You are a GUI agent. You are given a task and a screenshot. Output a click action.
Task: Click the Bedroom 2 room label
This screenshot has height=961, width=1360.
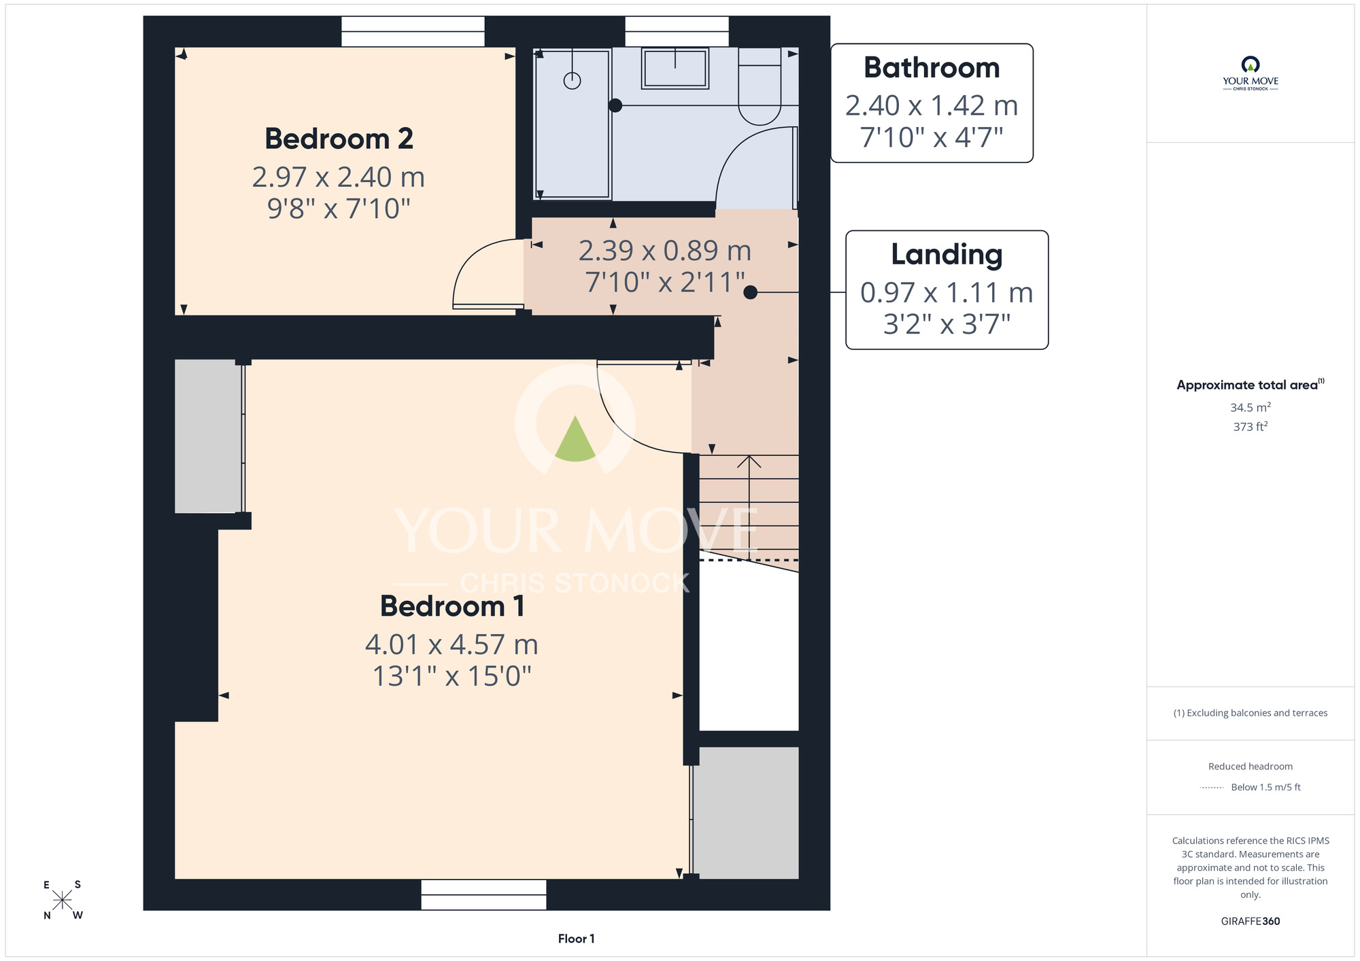[x=339, y=139]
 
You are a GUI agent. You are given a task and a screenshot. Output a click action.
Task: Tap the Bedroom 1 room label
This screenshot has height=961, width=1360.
[x=452, y=606]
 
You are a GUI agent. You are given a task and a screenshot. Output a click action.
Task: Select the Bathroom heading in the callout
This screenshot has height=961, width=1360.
[x=932, y=68]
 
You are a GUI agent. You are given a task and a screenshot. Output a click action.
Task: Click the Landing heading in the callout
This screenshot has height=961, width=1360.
[x=947, y=256]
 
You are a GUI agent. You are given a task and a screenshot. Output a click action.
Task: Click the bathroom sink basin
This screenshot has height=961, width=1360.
[x=675, y=68]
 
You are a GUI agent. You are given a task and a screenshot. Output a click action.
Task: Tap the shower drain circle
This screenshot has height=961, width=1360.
[x=573, y=81]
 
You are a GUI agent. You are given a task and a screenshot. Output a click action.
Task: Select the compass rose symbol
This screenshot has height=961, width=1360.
[x=62, y=901]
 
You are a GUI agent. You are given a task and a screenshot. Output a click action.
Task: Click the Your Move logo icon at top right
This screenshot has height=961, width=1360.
[x=1251, y=65]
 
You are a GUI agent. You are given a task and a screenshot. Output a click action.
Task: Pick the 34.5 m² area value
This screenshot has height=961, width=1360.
[x=1251, y=407]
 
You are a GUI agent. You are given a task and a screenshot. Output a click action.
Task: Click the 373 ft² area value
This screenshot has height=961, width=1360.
[x=1251, y=427]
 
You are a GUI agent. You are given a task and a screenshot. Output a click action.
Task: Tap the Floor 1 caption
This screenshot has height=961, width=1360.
[x=576, y=939]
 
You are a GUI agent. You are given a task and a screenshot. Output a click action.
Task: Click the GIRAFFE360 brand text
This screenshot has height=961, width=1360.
[x=1251, y=922]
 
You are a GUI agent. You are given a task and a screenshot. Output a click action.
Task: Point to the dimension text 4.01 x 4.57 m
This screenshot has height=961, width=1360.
[x=452, y=644]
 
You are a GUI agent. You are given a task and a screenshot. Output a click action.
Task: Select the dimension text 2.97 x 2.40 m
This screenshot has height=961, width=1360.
[x=339, y=177]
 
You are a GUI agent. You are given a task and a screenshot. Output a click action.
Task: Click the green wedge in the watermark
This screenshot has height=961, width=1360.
[x=575, y=439]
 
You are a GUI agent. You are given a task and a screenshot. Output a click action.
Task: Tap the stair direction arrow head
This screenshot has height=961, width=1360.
[x=749, y=461]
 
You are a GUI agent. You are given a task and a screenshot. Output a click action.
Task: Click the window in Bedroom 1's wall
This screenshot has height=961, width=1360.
[x=483, y=894]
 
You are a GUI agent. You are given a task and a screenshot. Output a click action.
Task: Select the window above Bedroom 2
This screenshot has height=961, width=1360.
[x=413, y=31]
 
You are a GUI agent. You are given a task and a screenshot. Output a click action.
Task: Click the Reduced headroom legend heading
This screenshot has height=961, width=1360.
[x=1251, y=767]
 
